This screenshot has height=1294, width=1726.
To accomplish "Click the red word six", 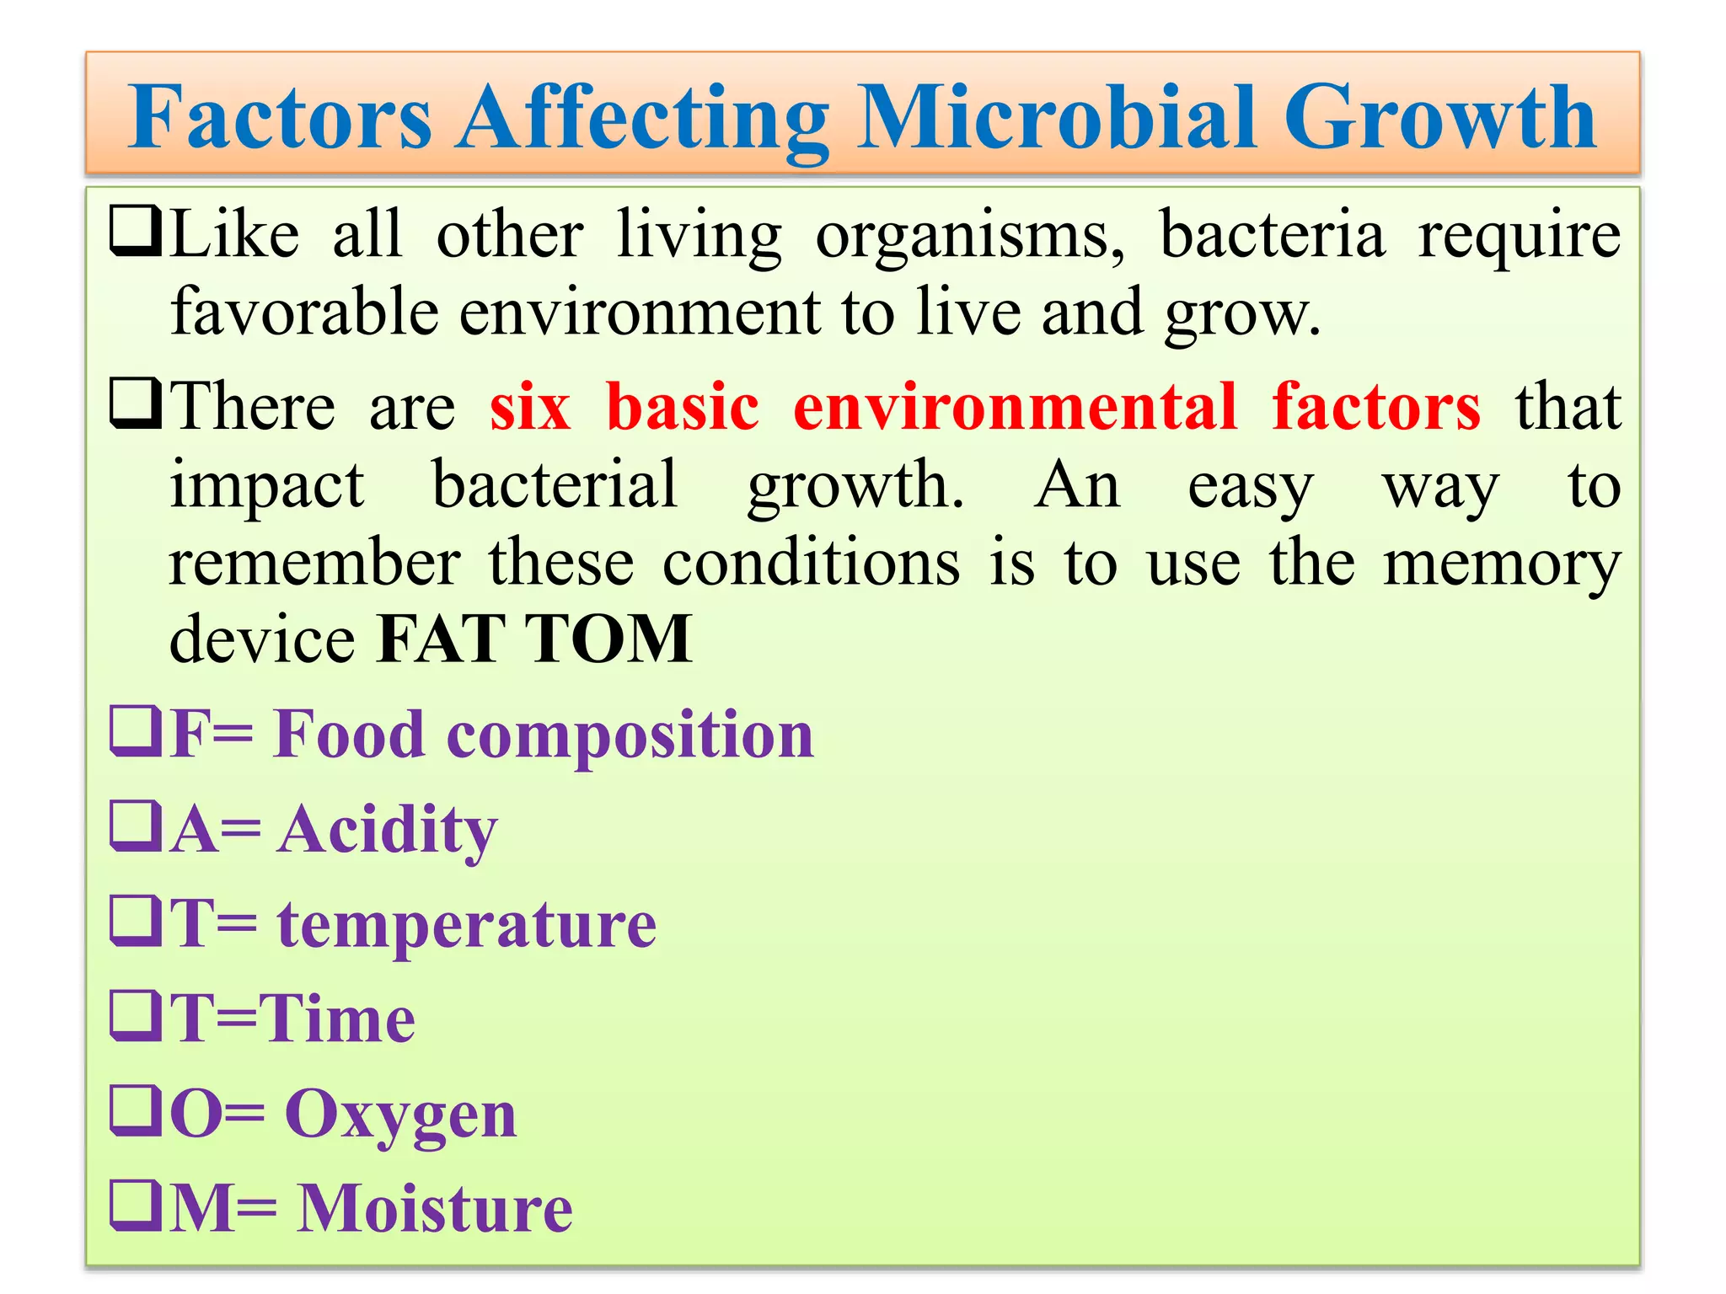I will click(530, 408).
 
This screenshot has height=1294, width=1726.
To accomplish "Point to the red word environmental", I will click(1015, 408).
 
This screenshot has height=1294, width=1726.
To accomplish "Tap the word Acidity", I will click(387, 830).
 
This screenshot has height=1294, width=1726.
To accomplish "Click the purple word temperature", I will click(467, 924).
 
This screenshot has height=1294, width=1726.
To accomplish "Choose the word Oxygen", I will click(400, 1115).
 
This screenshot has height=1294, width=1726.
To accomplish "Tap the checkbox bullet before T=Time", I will click(135, 1017).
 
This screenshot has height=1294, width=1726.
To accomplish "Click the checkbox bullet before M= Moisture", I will click(135, 1206).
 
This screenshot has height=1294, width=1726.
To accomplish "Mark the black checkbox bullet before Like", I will click(135, 233).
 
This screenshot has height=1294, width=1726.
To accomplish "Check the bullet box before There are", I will click(135, 405).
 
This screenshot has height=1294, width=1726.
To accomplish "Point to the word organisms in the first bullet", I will click(969, 236).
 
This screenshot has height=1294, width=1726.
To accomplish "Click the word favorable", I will click(304, 312).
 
